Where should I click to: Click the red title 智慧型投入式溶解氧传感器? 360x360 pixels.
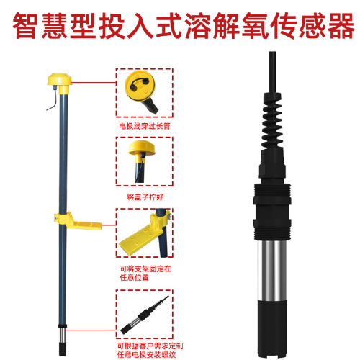click(x=184, y=26)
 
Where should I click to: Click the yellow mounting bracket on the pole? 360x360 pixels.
click(x=78, y=221)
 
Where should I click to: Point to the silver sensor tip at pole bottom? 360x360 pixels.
click(x=63, y=336)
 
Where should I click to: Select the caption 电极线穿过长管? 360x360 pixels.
click(x=145, y=126)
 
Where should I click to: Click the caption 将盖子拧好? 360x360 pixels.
click(x=145, y=197)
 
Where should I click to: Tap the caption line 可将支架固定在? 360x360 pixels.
click(x=145, y=269)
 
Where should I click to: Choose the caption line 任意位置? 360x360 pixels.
click(x=135, y=277)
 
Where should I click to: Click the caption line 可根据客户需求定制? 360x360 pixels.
click(x=150, y=346)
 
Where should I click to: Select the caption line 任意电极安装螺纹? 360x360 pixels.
click(x=146, y=354)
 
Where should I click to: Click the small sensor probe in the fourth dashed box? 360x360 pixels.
click(x=144, y=315)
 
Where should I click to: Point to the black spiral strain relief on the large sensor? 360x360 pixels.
click(x=272, y=121)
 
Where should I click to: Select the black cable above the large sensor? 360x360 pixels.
click(x=272, y=72)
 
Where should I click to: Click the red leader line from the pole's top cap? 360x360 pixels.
click(x=94, y=82)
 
